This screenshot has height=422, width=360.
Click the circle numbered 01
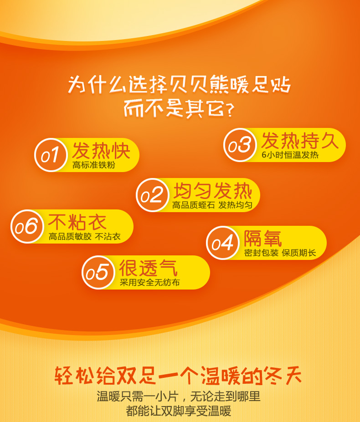coord(51,155)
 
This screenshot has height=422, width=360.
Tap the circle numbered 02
coord(152,195)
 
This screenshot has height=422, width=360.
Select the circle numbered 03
coord(240,145)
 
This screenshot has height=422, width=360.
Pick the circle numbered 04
coord(222,243)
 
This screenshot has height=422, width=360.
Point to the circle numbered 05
coord(98,272)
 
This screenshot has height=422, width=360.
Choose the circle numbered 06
coord(27,226)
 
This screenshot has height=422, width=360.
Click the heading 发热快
coord(101,151)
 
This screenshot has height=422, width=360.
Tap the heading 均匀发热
coord(213,191)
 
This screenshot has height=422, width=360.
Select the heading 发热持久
coord(300,141)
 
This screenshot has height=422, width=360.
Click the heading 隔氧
coord(263,239)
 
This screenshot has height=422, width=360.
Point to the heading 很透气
coord(148,268)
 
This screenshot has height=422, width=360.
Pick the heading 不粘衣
coord(77,222)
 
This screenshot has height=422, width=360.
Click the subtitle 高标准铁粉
coord(94,165)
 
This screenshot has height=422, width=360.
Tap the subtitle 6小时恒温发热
coord(290,155)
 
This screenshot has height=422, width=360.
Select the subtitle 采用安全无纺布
coord(150,282)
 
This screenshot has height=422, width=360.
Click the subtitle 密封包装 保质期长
coord(280,253)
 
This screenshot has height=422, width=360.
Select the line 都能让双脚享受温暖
coord(179,411)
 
